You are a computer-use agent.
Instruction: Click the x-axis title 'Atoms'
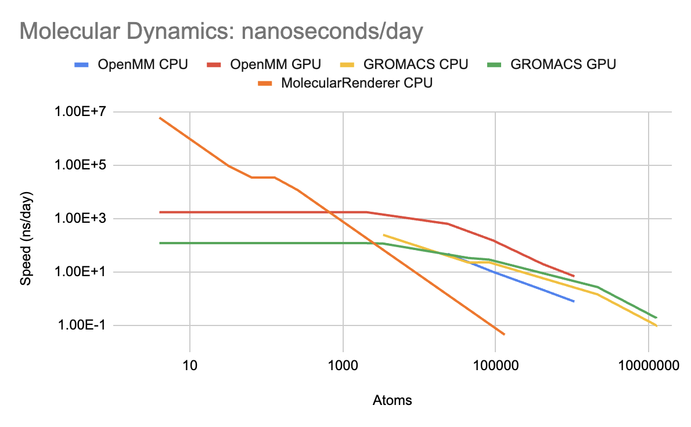coord(393,400)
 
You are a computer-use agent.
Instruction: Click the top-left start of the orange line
coord(160,118)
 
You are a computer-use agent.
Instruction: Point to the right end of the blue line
coord(574,302)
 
